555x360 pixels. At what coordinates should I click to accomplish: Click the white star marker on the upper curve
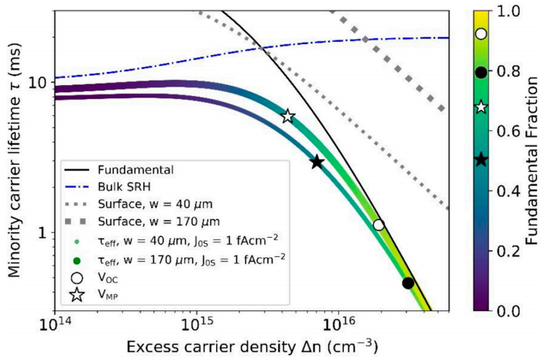[x=288, y=116]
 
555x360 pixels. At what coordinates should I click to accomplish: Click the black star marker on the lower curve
[x=317, y=162]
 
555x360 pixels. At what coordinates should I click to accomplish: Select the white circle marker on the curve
[x=379, y=225]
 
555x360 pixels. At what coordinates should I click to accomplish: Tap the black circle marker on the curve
[x=408, y=283]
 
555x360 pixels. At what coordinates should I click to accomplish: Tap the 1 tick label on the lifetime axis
[x=43, y=233]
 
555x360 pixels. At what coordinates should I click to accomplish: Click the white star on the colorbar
[x=481, y=107]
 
